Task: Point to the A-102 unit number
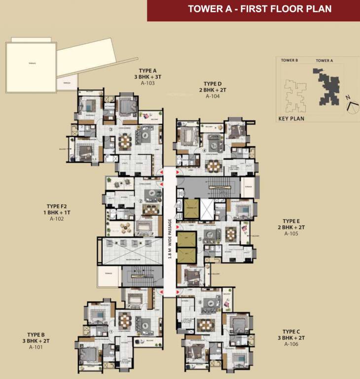pyautogui.click(x=56, y=219)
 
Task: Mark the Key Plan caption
pyautogui.click(x=291, y=118)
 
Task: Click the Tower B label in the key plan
pyautogui.click(x=289, y=60)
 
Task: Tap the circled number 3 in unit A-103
pyautogui.click(x=111, y=130)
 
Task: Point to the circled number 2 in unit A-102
pyautogui.click(x=141, y=201)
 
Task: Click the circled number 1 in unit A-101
pyautogui.click(x=111, y=331)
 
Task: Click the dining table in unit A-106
pyautogui.click(x=203, y=326)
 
